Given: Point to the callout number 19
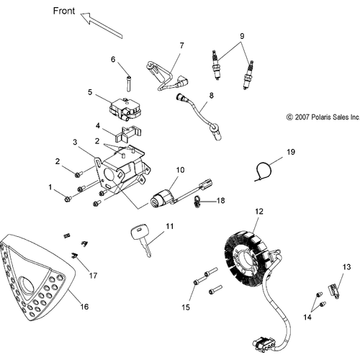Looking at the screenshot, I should coord(291,152).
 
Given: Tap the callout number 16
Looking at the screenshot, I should coord(84,307).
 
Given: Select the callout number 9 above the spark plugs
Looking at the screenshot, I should coord(242,36).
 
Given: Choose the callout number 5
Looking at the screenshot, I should coord(90,92).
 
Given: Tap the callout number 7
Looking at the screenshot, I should coord(181,45).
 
